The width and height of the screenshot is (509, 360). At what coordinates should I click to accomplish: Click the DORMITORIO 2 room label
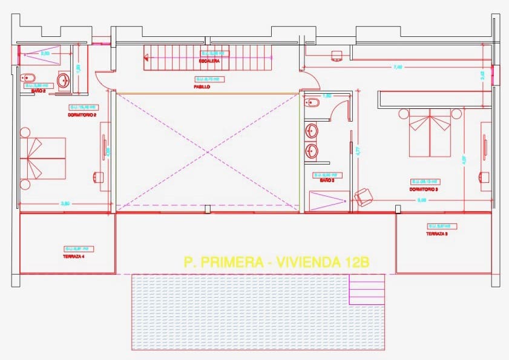click(83, 114)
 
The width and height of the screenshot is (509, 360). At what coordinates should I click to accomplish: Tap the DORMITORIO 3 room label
click(424, 189)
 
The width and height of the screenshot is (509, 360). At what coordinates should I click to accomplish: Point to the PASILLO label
click(202, 87)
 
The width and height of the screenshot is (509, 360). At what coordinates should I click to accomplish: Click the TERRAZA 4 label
click(74, 256)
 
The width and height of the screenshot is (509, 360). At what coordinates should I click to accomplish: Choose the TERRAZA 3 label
click(436, 234)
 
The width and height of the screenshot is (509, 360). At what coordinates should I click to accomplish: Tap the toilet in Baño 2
click(28, 77)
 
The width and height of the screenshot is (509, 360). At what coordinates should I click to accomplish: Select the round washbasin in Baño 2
click(64, 80)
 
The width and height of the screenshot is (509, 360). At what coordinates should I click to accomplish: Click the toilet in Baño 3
click(310, 102)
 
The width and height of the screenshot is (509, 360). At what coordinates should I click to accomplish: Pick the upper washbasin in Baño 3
click(312, 129)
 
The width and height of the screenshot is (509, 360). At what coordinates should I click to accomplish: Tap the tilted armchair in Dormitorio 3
click(364, 196)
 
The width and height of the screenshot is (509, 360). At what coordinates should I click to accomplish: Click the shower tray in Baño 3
click(329, 200)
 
